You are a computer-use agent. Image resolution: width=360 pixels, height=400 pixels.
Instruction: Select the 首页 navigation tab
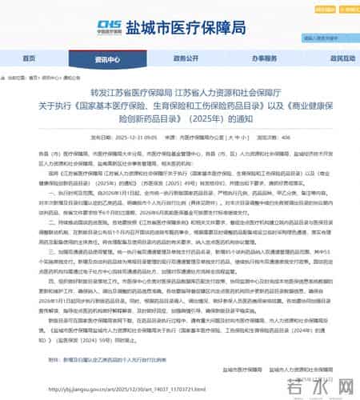pyautogui.click(x=30, y=58)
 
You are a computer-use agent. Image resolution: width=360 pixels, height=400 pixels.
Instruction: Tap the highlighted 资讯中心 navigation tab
pyautogui.click(x=106, y=59)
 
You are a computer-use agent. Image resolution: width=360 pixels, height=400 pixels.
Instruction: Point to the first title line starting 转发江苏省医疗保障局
pyautogui.click(x=181, y=92)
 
